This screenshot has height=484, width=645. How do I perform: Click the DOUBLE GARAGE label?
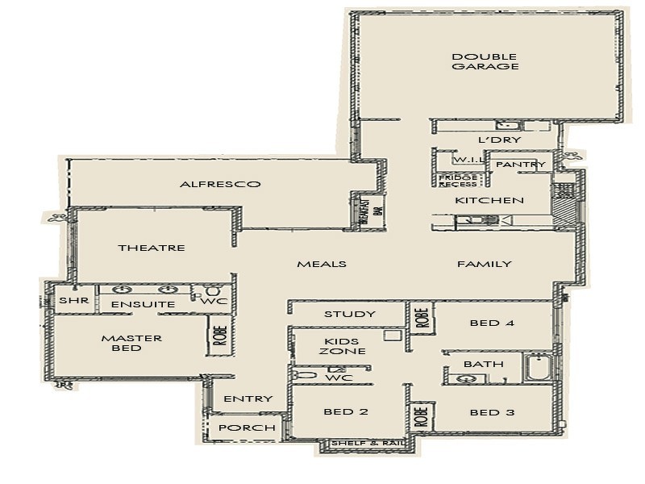click(485, 62)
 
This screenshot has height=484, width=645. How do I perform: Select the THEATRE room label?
click(152, 248)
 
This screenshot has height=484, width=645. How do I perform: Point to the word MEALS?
click(322, 264)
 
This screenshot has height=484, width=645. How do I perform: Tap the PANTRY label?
click(520, 165)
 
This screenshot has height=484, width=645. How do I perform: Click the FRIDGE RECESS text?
click(457, 180)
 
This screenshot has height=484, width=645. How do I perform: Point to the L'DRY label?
click(500, 140)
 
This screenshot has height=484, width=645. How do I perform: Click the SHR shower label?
click(68, 301)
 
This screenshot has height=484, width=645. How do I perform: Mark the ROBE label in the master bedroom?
click(219, 334)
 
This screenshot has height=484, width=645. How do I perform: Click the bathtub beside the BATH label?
click(537, 368)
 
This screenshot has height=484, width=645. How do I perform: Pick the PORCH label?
click(247, 428)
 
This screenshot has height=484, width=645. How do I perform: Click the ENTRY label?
click(248, 398)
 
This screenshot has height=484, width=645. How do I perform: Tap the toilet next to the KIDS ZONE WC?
click(305, 375)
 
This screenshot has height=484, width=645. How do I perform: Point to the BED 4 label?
click(491, 323)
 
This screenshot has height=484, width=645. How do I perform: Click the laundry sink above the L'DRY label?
click(508, 125)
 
